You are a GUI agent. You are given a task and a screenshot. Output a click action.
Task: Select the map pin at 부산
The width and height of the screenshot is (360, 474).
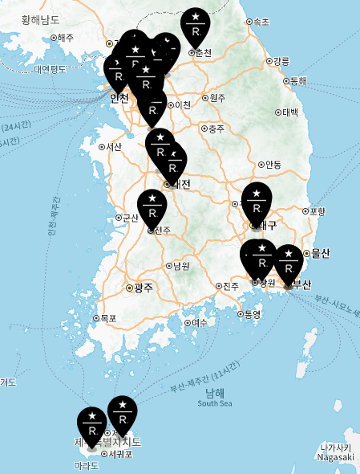click(x=289, y=263)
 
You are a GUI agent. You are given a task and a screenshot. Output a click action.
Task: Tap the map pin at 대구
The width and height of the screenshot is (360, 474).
click(x=257, y=201)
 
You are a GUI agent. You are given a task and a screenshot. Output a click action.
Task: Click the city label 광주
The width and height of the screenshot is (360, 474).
click(x=143, y=287)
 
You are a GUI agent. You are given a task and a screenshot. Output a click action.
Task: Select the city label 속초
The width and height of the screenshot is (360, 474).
click(x=261, y=22)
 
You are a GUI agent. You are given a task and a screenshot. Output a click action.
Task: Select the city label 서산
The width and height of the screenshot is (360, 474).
click(x=112, y=146)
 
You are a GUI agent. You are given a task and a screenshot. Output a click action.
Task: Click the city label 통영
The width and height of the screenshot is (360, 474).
click(x=252, y=314)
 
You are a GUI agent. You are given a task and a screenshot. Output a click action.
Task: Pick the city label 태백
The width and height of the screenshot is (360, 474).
click(x=289, y=112)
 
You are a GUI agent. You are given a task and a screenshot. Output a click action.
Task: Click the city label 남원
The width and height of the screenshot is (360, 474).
click(x=181, y=266)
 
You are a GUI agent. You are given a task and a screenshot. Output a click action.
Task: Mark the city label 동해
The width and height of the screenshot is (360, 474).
click(x=297, y=81)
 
